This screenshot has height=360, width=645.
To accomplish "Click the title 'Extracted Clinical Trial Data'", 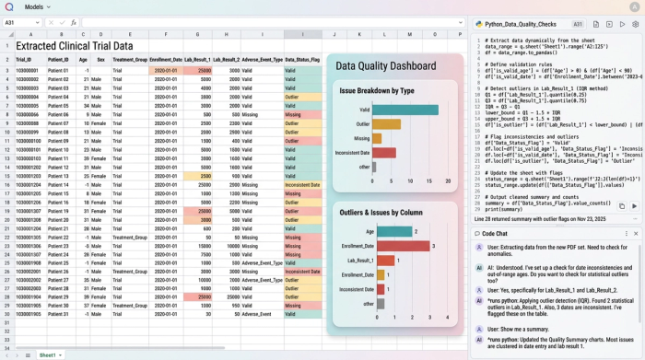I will coord(75,45).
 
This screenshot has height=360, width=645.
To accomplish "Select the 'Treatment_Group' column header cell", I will coord(130,60).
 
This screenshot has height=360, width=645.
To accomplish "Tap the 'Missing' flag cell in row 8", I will coord(303,114).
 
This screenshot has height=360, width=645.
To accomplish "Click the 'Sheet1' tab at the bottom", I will coord(47,354).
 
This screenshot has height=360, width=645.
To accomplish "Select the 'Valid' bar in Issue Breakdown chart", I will coord(405,110).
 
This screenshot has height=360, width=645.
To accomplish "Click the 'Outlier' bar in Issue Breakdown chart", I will coord(387,124).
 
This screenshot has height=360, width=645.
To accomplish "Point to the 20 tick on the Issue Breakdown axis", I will coord(448,181).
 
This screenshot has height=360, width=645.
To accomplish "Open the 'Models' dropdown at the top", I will coord(37,6).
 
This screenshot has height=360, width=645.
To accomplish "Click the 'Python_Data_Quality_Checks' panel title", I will coord(521,24).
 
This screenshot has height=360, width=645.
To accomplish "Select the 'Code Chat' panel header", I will coord(495,233).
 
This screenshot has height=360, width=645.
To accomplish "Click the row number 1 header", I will coord(6,45).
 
